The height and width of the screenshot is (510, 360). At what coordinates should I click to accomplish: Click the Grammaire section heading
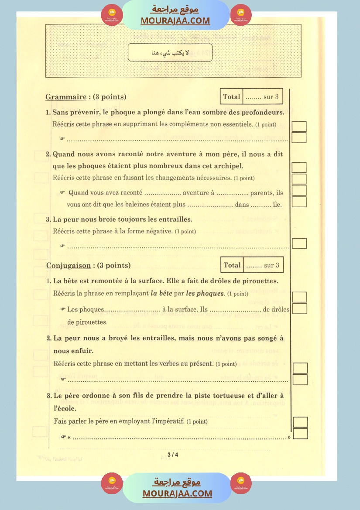(65, 97)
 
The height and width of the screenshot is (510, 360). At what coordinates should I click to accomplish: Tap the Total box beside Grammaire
(251, 97)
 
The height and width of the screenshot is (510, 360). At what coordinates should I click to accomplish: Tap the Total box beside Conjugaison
(252, 265)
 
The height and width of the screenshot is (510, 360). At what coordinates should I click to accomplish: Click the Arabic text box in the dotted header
(170, 53)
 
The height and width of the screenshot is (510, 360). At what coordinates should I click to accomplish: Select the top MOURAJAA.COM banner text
(175, 21)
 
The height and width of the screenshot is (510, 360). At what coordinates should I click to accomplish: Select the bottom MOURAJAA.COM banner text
(177, 493)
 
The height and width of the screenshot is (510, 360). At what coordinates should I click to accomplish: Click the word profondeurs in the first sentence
(261, 113)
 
